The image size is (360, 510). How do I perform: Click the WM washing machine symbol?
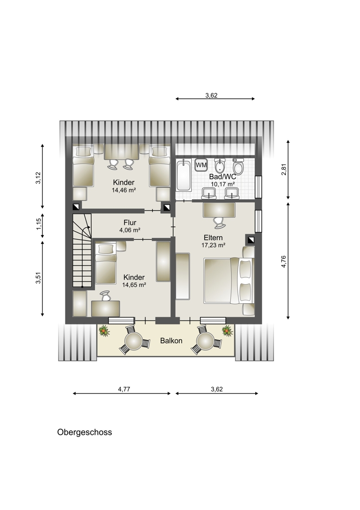tap(201, 165)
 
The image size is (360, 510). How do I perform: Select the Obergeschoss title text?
tap(84, 432)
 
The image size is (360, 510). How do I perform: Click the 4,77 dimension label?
tap(124, 389)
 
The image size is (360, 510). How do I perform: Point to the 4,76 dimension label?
tap(284, 261)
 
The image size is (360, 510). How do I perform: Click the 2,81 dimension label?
tap(284, 170)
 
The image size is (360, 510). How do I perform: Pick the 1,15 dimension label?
tap(38, 224)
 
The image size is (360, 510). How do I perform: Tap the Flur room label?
tap(130, 223)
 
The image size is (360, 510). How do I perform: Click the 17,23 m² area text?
tap(214, 245)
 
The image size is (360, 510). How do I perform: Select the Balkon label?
tap(171, 341)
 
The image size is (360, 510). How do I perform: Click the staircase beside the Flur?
tap(82, 250)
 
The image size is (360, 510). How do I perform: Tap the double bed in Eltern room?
tap(228, 280)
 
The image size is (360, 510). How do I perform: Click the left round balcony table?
tap(134, 341)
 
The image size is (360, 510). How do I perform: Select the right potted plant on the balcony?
tap(227, 331)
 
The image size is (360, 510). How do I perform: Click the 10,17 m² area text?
tap(223, 184)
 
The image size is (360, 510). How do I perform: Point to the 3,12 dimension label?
tap(38, 178)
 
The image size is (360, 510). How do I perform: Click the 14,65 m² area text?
tap(134, 285)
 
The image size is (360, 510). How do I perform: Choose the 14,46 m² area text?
tap(124, 190)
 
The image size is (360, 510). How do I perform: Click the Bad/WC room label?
tap(223, 177)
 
